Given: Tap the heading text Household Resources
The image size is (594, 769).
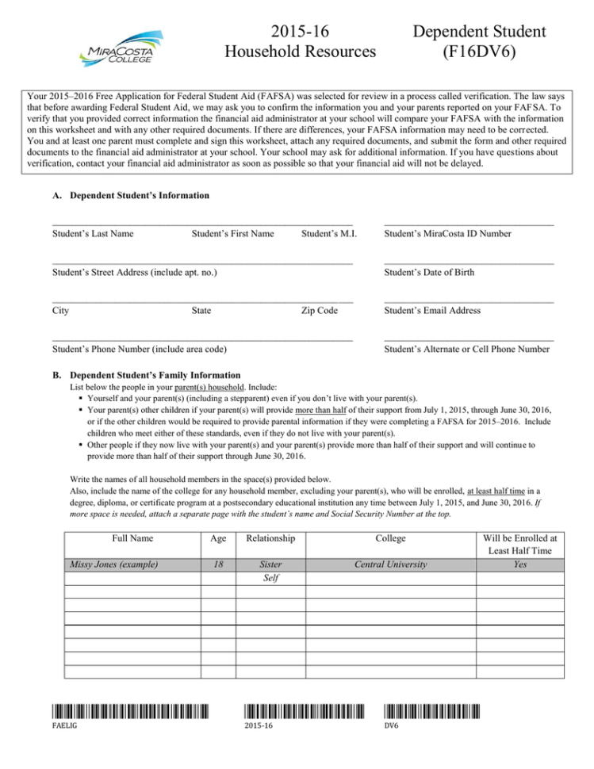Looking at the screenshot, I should [x=301, y=52].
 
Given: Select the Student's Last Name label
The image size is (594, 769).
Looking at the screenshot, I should [x=92, y=234].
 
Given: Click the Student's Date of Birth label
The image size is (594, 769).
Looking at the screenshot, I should [x=429, y=272].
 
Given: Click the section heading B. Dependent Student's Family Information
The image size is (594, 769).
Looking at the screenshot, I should [x=148, y=375].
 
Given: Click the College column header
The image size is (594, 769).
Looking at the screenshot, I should [x=390, y=538].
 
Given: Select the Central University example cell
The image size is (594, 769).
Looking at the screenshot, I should [x=390, y=564].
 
